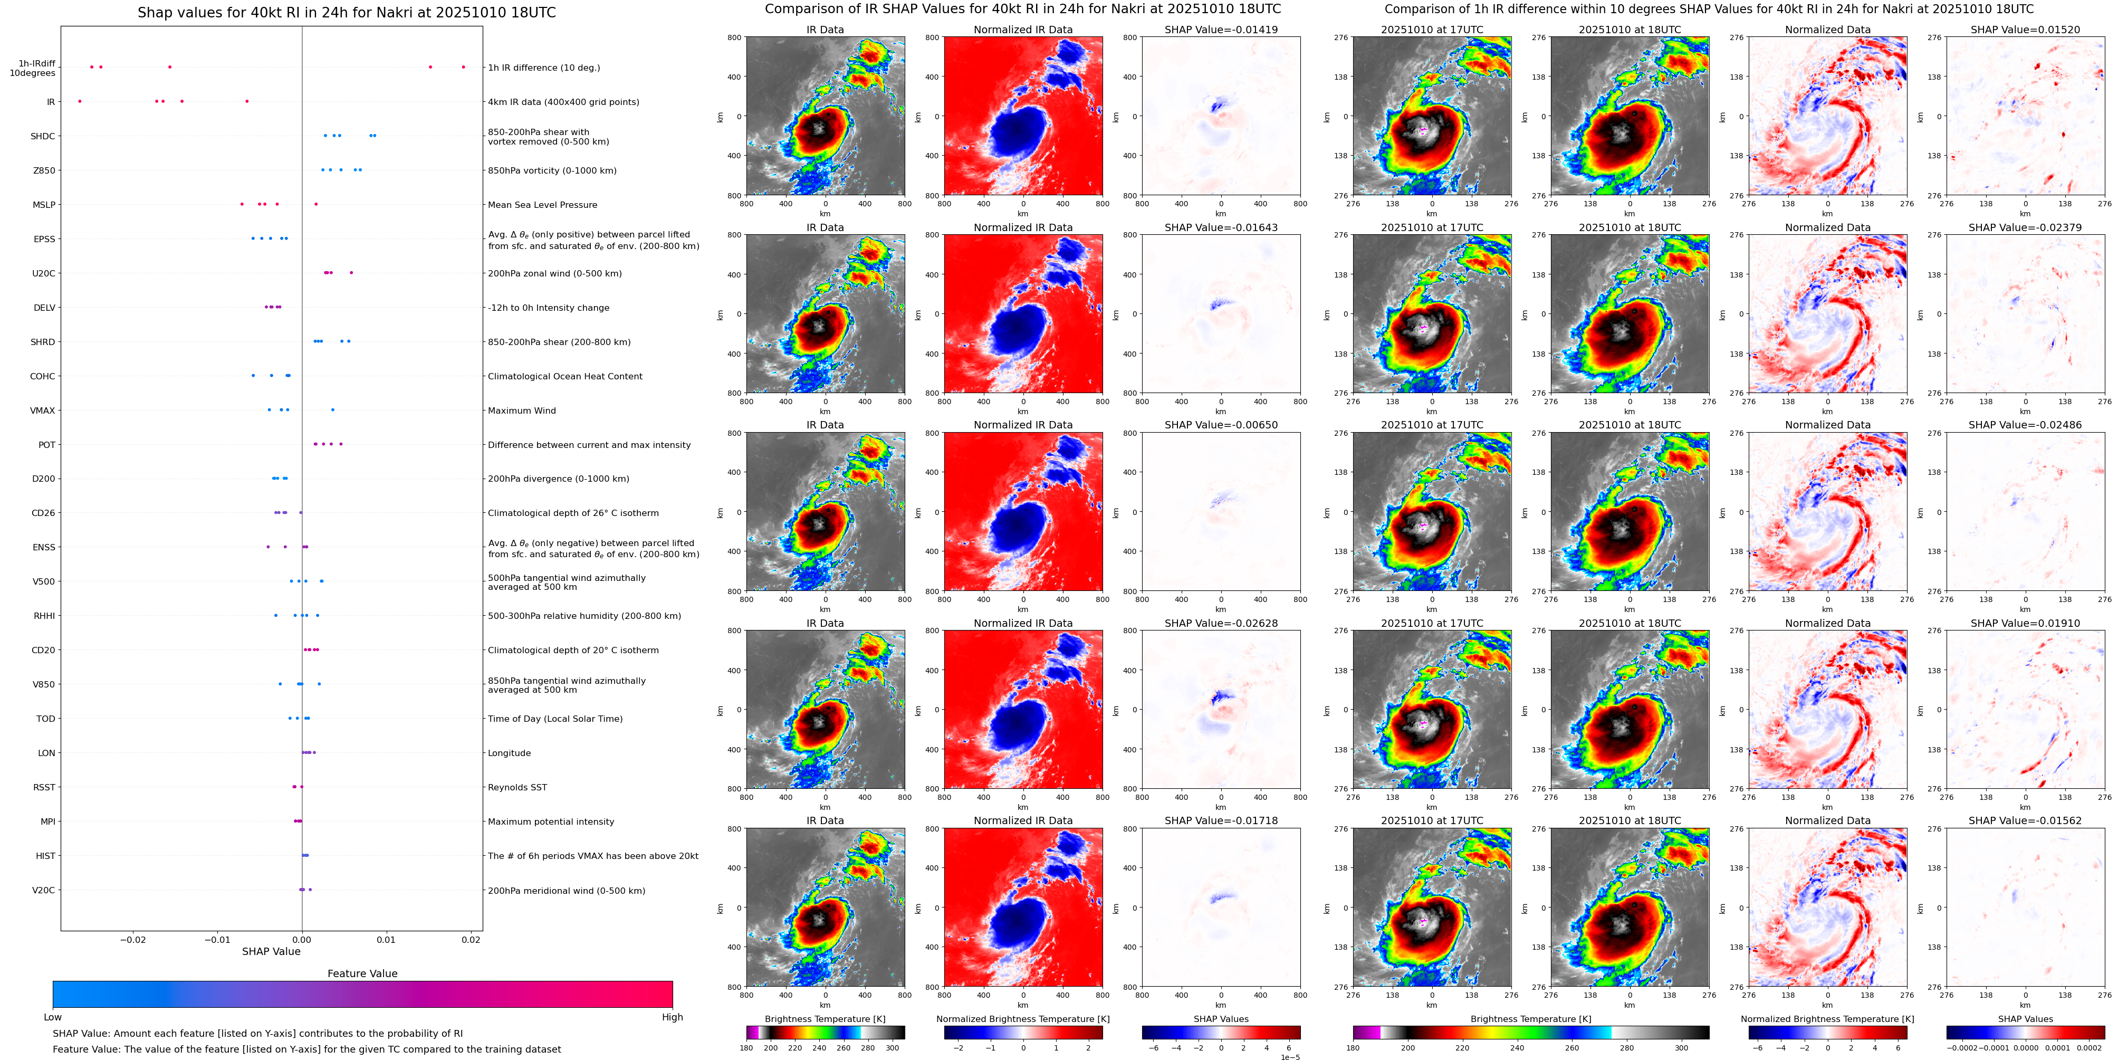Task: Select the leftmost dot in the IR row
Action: tap(80, 102)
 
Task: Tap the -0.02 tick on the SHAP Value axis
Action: tap(133, 940)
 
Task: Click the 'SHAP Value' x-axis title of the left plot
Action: tap(271, 951)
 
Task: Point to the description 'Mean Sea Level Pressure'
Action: tap(542, 205)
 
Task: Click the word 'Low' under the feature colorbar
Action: tap(53, 1017)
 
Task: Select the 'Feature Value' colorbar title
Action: tap(362, 973)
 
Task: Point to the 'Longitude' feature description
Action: tap(509, 753)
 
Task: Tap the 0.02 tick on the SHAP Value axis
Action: tap(471, 940)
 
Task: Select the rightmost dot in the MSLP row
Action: tap(316, 205)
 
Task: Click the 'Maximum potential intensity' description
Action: tap(551, 822)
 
